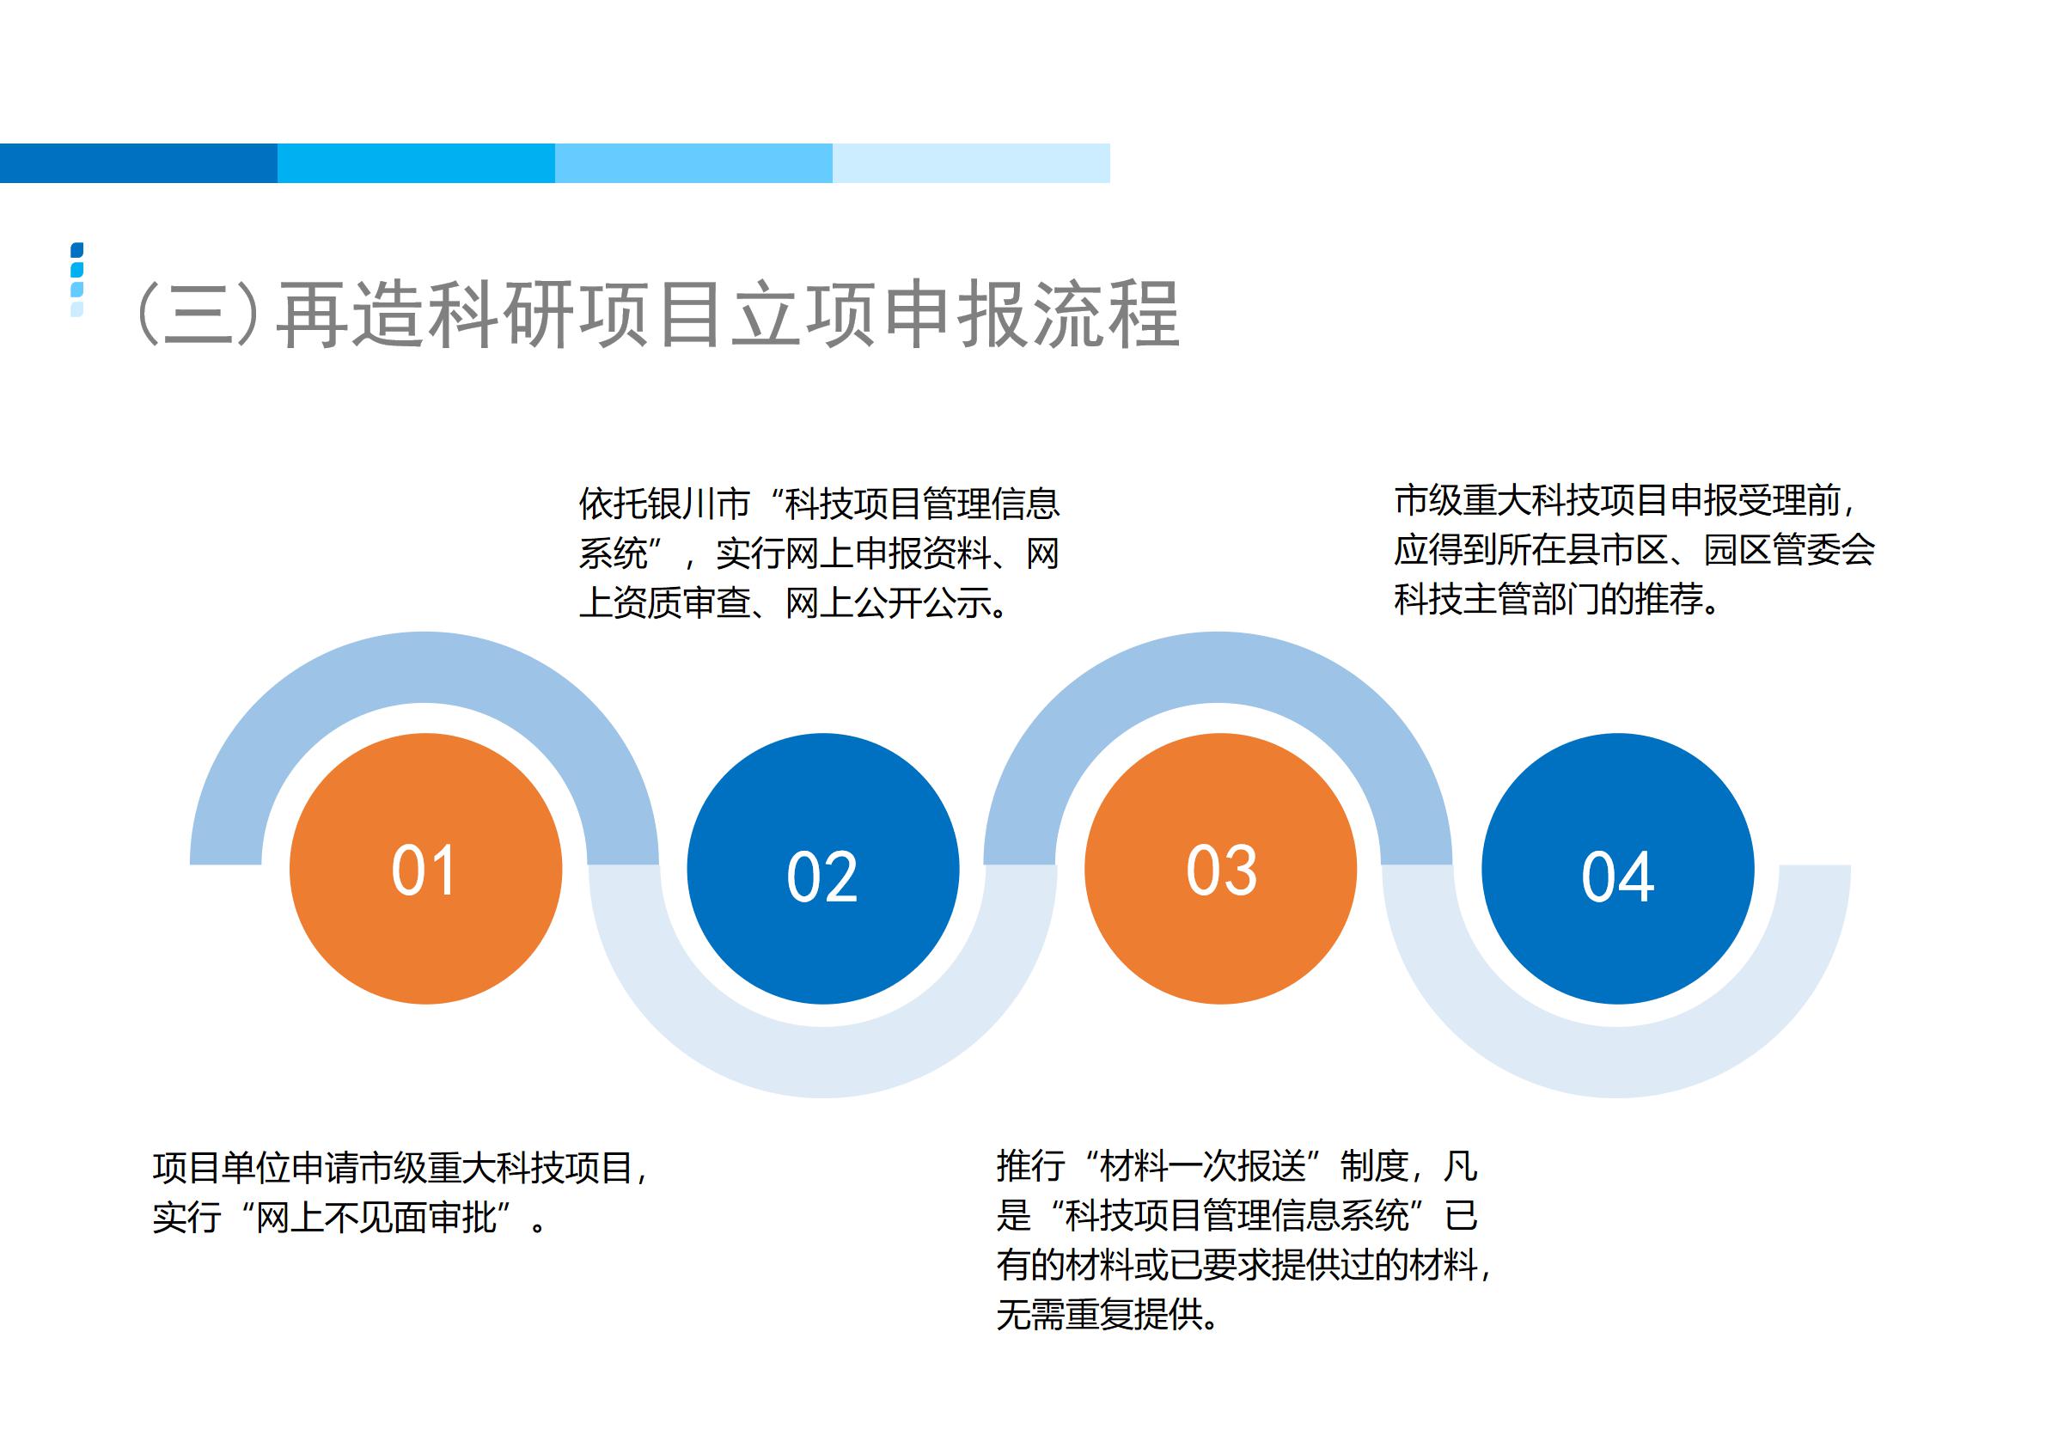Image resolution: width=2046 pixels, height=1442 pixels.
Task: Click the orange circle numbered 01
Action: pos(425,868)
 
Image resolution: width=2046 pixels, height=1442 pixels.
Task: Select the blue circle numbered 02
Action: pos(822,868)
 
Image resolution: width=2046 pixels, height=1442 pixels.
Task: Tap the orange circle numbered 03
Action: pos(1220,868)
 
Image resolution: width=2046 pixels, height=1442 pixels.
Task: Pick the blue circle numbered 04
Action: pos(1617,868)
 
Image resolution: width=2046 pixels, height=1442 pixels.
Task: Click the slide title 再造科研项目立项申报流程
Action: pos(728,315)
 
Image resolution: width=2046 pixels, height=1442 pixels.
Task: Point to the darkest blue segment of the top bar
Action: pos(139,163)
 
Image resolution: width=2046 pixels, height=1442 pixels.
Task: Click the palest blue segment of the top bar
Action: pos(971,163)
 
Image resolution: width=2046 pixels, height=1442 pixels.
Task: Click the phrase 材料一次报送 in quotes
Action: pos(1203,1167)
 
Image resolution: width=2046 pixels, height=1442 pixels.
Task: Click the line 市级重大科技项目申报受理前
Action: pos(1616,501)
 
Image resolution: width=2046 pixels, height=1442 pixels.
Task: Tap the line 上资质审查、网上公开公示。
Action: pos(795,603)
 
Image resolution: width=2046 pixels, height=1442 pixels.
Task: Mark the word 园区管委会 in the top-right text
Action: pos(1789,550)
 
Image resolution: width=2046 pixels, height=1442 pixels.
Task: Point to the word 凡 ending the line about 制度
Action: pos(1461,1167)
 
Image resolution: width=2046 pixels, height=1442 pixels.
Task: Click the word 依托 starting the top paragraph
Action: pos(613,504)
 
